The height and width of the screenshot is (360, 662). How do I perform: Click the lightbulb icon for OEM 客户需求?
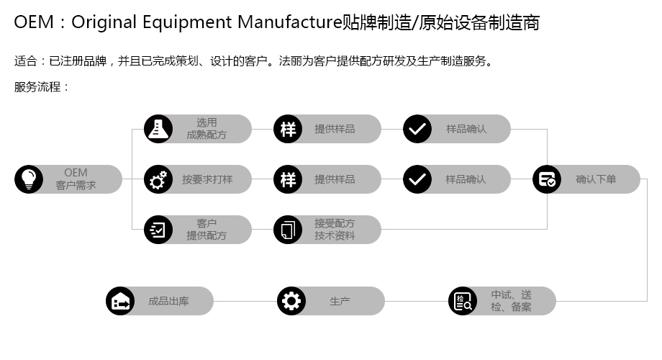29,179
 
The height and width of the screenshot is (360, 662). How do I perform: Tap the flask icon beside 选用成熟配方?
158,129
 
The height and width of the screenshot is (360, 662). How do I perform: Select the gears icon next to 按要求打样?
158,179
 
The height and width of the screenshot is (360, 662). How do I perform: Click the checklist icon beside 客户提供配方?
158,230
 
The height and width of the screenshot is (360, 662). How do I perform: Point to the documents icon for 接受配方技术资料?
288,230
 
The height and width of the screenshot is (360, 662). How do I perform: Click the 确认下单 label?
596,179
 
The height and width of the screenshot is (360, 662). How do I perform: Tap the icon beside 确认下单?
547,179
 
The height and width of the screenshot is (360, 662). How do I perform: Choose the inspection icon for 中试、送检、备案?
463,301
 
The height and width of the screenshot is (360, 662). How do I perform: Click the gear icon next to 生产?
291,301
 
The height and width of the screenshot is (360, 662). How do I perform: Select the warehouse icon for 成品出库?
120,301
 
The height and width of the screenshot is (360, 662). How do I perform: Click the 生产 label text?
340,301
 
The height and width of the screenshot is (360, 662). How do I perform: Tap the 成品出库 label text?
168,301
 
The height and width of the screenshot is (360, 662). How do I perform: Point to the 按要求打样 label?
207,179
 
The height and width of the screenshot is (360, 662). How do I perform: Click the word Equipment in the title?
188,23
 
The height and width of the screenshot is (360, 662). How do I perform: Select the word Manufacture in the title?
290,22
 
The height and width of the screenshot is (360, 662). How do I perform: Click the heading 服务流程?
37,87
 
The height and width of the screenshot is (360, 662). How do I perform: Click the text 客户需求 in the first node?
76,185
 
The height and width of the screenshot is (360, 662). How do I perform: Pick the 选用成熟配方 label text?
207,129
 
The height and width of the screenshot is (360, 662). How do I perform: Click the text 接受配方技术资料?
335,230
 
